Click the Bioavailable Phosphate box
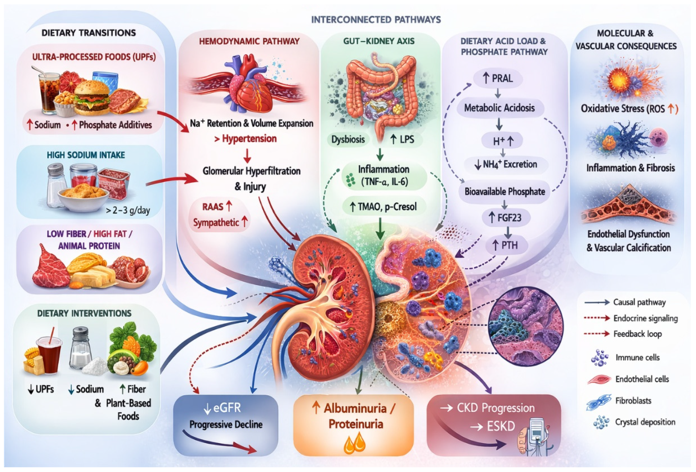(505, 191)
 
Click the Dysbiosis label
(348, 139)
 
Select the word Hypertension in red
(249, 139)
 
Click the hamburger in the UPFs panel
(91, 97)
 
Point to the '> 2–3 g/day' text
(128, 210)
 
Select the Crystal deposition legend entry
(645, 422)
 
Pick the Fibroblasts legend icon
(598, 402)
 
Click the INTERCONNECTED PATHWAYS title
(376, 20)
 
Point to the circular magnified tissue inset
(526, 325)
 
